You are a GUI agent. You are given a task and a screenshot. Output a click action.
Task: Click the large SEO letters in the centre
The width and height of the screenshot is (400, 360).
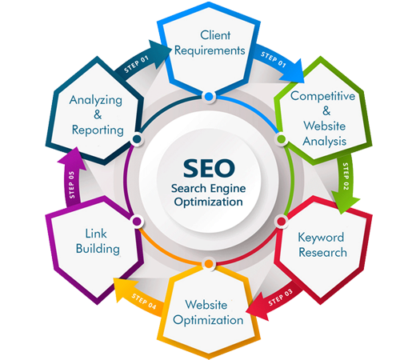[x=209, y=168]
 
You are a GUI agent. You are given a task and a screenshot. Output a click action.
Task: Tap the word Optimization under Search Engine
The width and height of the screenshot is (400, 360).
[x=209, y=202]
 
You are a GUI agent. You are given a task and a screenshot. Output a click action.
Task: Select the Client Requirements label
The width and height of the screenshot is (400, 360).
[x=210, y=43]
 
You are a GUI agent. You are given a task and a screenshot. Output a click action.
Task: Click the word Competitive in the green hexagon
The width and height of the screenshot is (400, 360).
[x=322, y=96]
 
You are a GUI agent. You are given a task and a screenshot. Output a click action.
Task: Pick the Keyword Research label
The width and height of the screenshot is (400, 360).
[x=322, y=245]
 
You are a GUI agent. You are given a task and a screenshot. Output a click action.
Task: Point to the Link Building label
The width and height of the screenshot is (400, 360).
[x=98, y=242]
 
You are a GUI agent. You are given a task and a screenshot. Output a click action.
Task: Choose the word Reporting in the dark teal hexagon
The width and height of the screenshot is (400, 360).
[x=98, y=130]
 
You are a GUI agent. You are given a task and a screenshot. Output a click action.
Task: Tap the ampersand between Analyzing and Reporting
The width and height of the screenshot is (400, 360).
[x=98, y=115]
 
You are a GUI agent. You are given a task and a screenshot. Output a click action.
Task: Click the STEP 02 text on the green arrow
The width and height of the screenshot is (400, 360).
[x=346, y=176]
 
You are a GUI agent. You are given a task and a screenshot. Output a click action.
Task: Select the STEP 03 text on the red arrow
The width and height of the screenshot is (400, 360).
[x=280, y=298]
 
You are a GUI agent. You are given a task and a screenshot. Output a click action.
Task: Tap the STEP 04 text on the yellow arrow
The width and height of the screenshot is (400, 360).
[x=144, y=302]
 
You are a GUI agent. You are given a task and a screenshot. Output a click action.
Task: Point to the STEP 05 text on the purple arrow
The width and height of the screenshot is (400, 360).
[x=71, y=185]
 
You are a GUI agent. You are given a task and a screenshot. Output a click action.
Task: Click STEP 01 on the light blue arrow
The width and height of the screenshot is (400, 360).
[x=274, y=59]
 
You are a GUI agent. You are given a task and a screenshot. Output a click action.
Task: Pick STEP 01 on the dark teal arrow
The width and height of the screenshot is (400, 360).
[x=136, y=65]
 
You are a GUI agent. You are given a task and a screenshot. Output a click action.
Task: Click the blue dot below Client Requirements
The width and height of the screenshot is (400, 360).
[x=209, y=96]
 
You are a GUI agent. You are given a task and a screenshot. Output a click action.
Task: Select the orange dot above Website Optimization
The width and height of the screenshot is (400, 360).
[x=209, y=264]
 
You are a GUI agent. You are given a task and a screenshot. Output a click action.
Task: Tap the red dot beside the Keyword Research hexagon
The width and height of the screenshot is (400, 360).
[x=282, y=222]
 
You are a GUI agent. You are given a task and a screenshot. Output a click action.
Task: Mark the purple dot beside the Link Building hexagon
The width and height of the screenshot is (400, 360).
[x=137, y=222]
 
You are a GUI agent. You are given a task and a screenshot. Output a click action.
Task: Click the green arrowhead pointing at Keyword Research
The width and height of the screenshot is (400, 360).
[x=345, y=204]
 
